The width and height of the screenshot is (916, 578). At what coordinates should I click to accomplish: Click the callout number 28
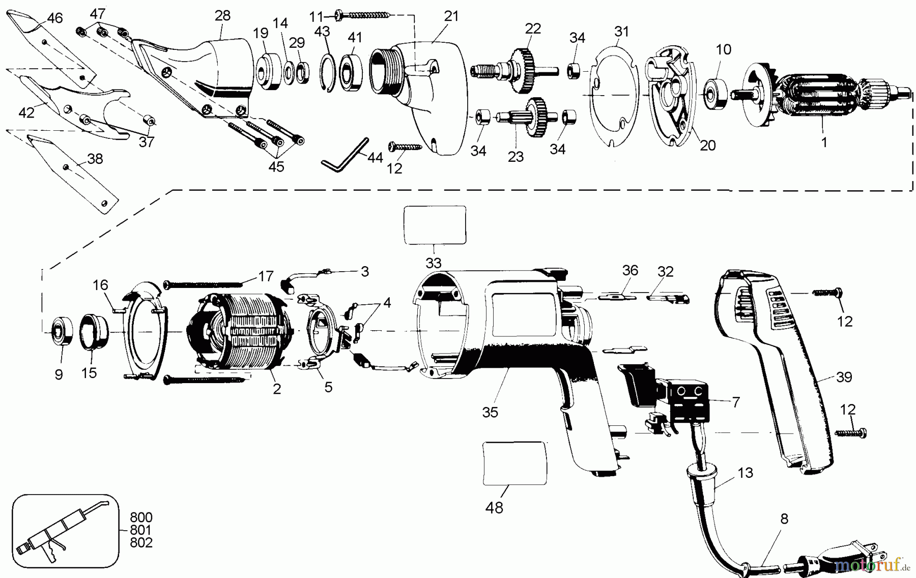(x=222, y=15)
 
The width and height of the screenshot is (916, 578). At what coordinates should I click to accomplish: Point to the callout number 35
(x=490, y=412)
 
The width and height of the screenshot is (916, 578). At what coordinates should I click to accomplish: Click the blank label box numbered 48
(x=515, y=462)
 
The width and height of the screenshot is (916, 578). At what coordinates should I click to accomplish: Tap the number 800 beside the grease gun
(x=141, y=518)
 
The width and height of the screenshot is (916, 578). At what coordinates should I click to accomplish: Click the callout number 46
(x=54, y=18)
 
